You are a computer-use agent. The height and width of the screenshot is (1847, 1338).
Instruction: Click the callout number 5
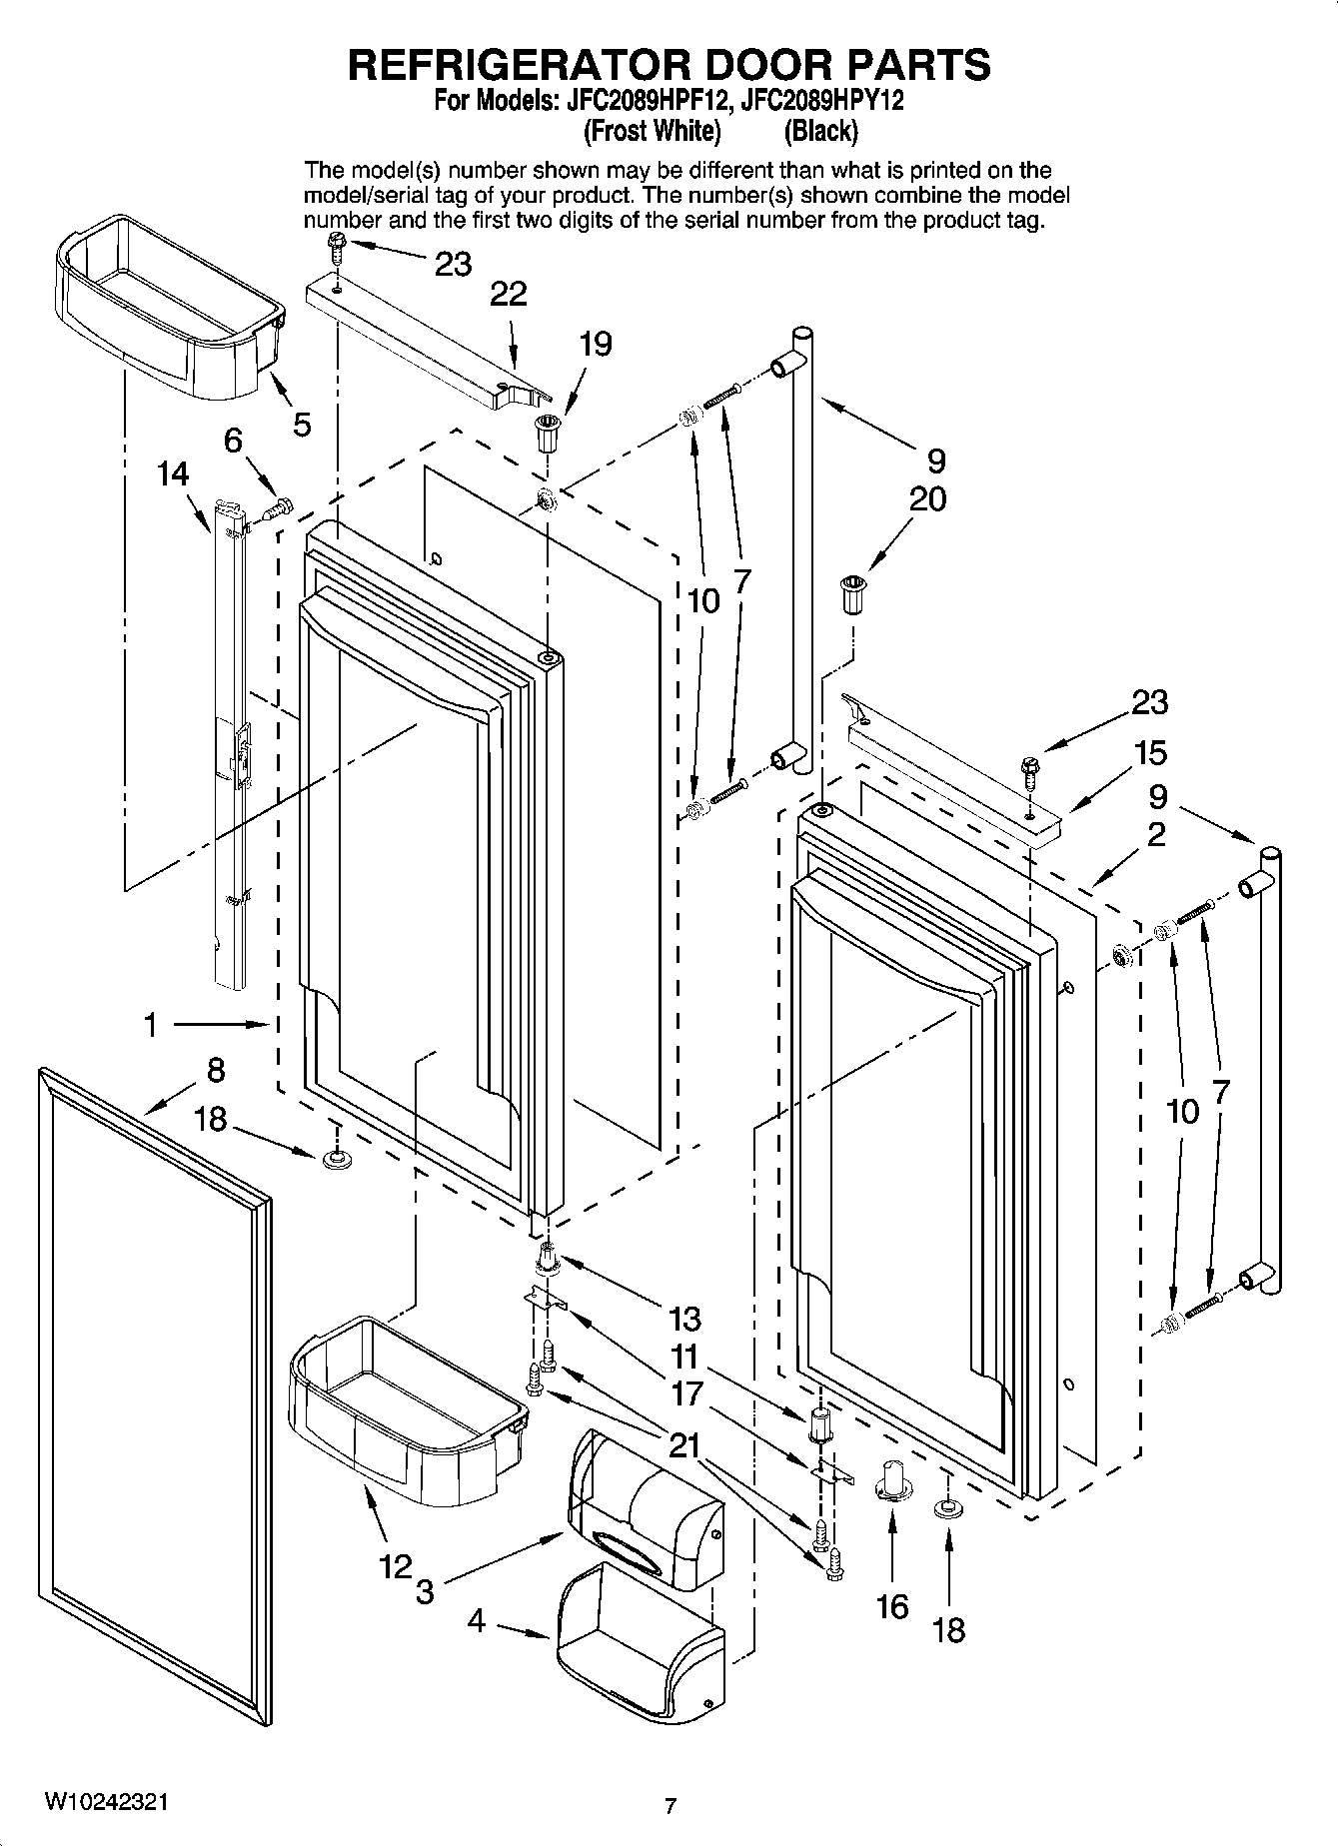(301, 424)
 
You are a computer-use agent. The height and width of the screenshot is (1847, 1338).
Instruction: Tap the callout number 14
(173, 473)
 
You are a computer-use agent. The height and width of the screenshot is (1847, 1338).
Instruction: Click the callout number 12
(396, 1565)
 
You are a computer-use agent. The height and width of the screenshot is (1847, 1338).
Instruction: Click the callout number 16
(892, 1606)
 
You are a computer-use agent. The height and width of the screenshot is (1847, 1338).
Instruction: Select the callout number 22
(509, 294)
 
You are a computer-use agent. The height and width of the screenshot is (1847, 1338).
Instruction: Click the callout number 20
(926, 497)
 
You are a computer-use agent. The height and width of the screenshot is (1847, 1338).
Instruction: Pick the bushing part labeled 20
(852, 595)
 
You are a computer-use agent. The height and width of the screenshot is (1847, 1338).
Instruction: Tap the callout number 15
(1150, 752)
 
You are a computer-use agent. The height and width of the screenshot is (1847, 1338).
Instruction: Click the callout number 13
(684, 1319)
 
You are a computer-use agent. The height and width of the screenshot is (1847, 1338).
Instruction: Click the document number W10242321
(106, 1802)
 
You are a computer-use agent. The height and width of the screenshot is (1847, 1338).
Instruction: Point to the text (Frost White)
(652, 131)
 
